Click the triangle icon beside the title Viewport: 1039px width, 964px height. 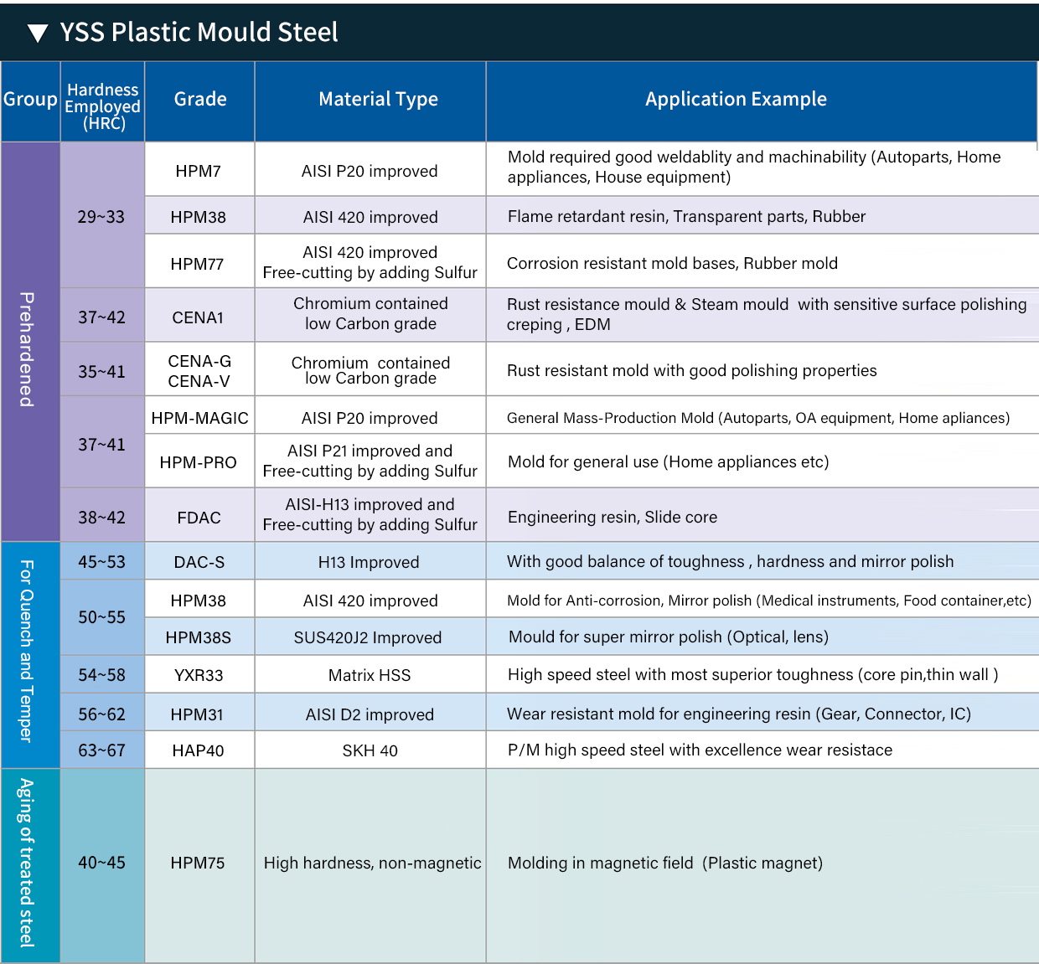click(38, 33)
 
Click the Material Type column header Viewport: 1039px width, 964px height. click(378, 99)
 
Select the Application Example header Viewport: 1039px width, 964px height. click(736, 99)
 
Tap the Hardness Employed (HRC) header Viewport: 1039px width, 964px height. click(103, 106)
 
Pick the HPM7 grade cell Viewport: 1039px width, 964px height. click(199, 171)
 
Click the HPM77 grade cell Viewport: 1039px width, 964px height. click(198, 264)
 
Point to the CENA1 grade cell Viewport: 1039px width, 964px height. click(198, 317)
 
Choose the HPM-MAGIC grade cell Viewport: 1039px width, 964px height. click(199, 418)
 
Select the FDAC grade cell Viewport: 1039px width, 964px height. click(199, 518)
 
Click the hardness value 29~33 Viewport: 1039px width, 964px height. click(101, 217)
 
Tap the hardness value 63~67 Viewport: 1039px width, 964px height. click(101, 750)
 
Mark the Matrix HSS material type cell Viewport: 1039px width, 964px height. click(370, 675)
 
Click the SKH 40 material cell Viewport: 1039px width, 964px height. click(370, 750)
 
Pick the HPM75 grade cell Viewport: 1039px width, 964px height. click(198, 863)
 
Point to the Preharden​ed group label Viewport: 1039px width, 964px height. click(28, 349)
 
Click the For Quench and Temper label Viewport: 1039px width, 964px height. click(28, 651)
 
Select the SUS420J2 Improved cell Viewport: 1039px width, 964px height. click(368, 637)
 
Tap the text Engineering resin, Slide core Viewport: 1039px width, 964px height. click(613, 517)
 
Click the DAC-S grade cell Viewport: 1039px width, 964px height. click(199, 562)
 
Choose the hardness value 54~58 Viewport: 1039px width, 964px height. click(101, 675)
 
